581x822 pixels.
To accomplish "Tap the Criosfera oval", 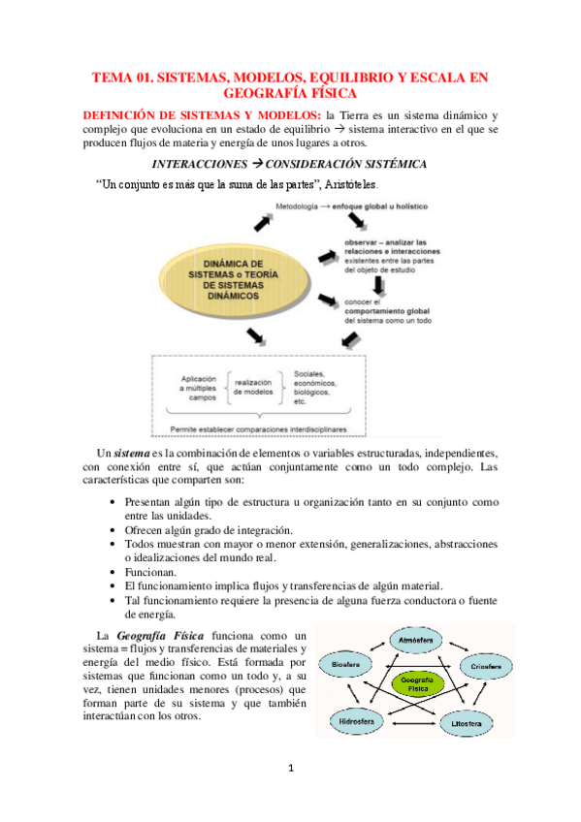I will point(486,668).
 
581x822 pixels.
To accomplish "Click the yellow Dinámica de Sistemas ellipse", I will point(232,282).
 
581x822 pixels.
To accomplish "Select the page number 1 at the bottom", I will point(291,769).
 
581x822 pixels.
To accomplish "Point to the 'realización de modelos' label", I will point(259,390).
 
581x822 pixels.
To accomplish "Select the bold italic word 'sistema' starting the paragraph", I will point(131,454).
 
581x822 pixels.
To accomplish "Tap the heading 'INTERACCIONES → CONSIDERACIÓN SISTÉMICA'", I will point(290,164).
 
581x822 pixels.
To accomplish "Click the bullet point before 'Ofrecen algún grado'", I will point(115,530).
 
